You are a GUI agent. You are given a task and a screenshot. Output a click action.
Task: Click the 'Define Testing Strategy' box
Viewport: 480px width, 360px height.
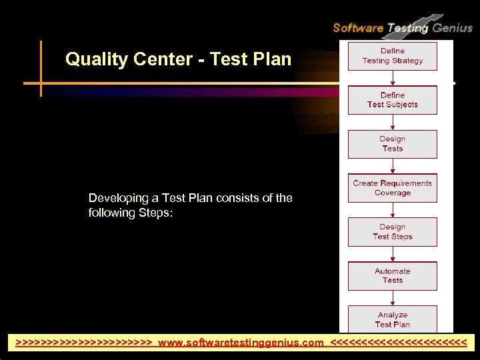click(x=392, y=56)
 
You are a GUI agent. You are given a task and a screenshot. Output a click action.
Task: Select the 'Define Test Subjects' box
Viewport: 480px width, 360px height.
click(x=392, y=100)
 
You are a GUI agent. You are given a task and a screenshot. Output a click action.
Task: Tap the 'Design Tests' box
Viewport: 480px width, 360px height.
click(x=392, y=144)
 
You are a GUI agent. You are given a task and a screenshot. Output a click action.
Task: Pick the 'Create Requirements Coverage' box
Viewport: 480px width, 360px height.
click(x=392, y=188)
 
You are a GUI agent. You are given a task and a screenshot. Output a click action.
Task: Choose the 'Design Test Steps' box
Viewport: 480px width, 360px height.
click(x=392, y=232)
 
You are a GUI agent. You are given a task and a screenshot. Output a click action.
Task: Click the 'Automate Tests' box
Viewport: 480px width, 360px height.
click(x=392, y=276)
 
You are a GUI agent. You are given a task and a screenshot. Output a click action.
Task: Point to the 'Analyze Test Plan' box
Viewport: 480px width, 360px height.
click(x=392, y=319)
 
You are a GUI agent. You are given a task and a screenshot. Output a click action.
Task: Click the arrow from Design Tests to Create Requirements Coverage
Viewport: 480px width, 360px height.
click(x=393, y=166)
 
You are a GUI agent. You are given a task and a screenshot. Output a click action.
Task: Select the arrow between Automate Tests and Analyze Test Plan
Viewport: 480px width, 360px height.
click(x=393, y=297)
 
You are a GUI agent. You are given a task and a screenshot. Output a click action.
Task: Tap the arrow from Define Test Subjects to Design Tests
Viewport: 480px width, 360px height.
click(x=393, y=122)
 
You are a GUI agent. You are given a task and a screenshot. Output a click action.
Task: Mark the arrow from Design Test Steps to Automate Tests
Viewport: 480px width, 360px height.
click(x=393, y=254)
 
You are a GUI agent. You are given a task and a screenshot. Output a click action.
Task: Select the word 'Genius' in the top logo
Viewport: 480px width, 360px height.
click(x=453, y=28)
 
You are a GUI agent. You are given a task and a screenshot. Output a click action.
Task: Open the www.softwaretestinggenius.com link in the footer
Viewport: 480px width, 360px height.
click(x=241, y=343)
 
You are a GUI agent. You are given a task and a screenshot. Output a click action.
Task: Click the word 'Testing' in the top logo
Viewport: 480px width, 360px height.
click(x=407, y=28)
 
